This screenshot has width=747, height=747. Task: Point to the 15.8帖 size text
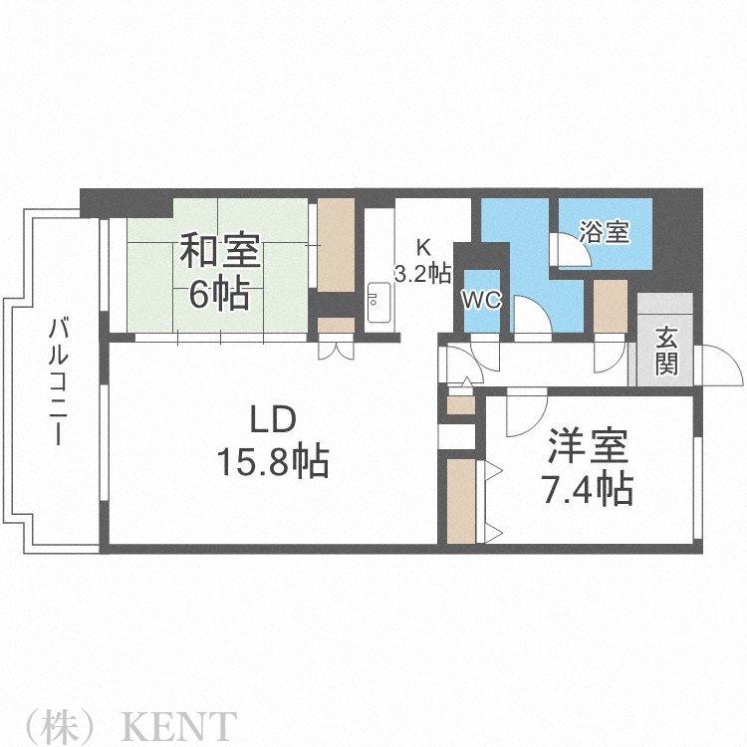tap(273, 460)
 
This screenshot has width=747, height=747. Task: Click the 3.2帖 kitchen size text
tap(422, 274)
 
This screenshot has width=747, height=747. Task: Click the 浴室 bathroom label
tap(606, 234)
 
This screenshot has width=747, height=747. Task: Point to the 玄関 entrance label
tap(665, 351)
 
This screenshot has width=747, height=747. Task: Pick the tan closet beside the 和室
tap(336, 245)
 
